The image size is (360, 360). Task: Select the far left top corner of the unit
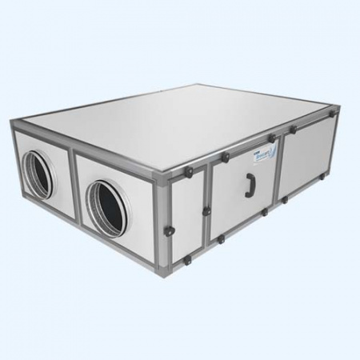coord(18,121)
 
